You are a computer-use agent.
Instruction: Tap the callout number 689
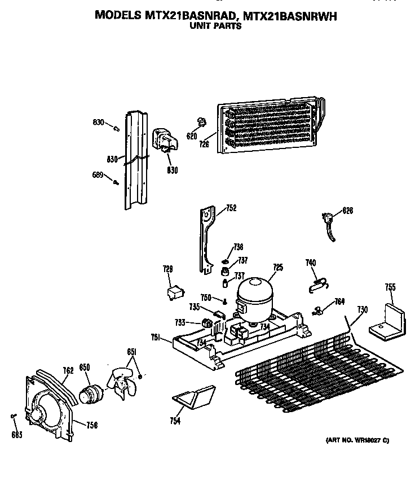click(97, 176)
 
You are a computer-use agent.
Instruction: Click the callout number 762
click(68, 371)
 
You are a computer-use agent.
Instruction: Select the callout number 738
click(239, 247)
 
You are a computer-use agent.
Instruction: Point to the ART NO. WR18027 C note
click(357, 440)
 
